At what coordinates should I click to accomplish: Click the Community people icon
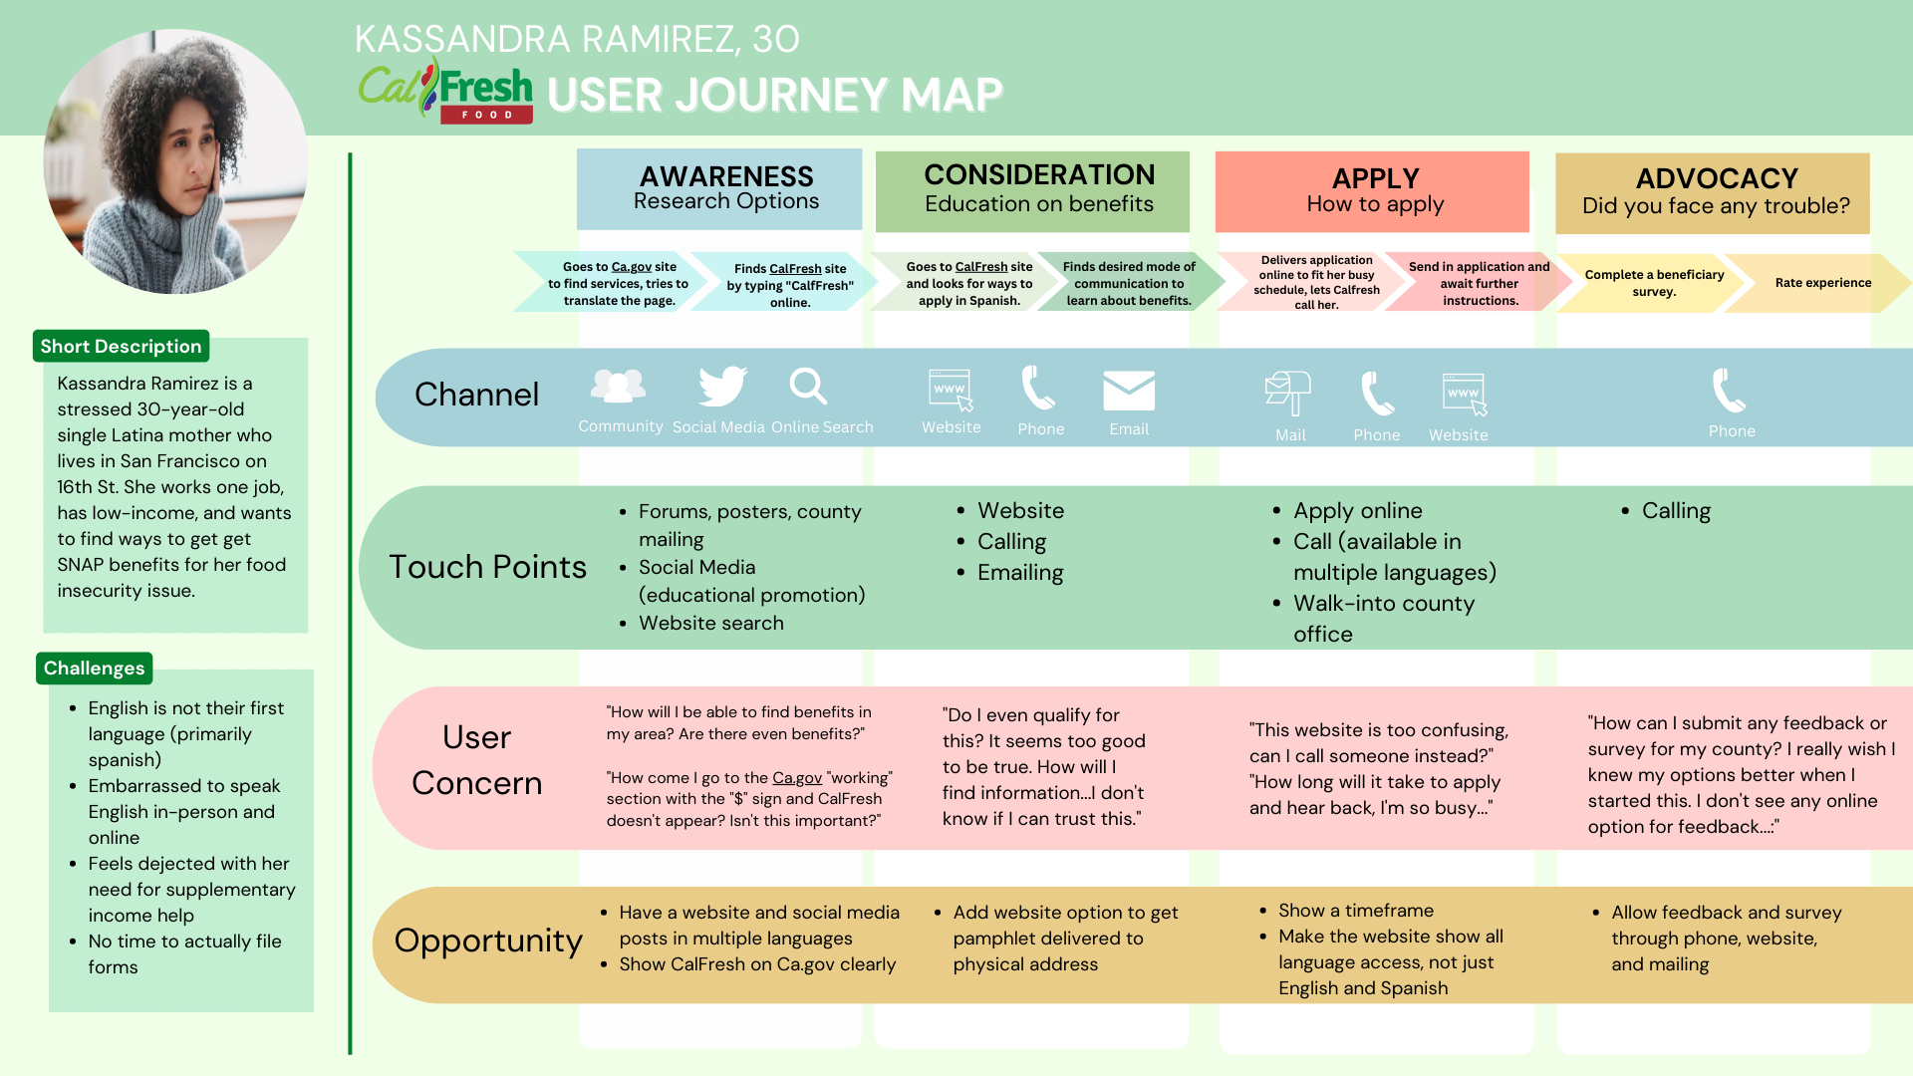click(618, 387)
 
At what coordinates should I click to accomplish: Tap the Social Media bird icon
click(722, 387)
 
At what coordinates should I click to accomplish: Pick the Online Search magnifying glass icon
click(808, 387)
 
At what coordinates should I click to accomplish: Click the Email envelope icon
click(1129, 391)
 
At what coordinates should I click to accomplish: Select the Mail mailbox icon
click(1288, 392)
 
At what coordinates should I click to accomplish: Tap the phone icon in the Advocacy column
click(1729, 391)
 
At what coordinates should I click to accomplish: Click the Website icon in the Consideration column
click(951, 391)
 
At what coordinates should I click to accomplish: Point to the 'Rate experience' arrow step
click(1821, 283)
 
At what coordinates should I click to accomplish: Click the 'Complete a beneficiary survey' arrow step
click(1653, 283)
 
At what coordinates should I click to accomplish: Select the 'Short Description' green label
click(121, 347)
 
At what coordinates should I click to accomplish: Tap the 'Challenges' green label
click(94, 669)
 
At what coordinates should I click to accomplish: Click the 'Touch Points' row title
click(487, 567)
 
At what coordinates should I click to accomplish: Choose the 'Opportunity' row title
click(488, 941)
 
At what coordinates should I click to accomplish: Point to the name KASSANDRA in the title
click(462, 40)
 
